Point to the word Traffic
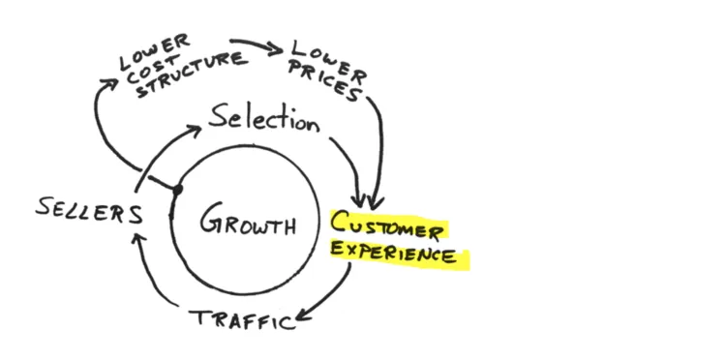click(x=242, y=317)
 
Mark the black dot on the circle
click(x=177, y=190)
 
